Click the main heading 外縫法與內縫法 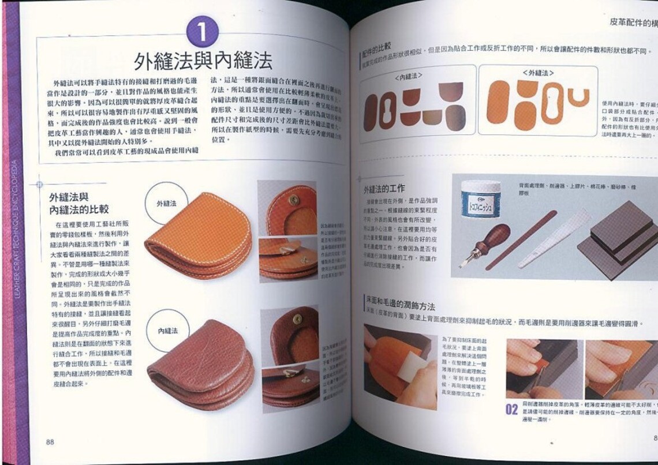coord(203,59)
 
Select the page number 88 coord(50,442)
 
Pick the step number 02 coord(511,410)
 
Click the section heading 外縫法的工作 coord(384,189)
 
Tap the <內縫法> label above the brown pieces coord(408,76)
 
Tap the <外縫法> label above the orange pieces coord(538,73)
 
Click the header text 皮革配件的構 coord(633,23)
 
